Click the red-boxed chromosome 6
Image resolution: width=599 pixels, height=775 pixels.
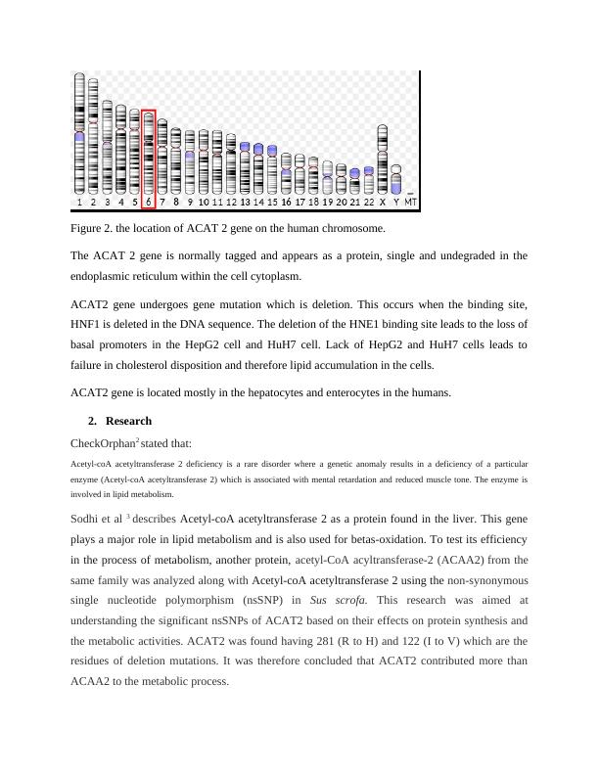tap(148, 154)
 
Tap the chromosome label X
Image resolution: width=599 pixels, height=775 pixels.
tap(383, 203)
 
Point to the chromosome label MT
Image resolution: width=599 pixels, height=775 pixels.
tap(411, 203)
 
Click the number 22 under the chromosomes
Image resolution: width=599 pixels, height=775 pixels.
tap(368, 203)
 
